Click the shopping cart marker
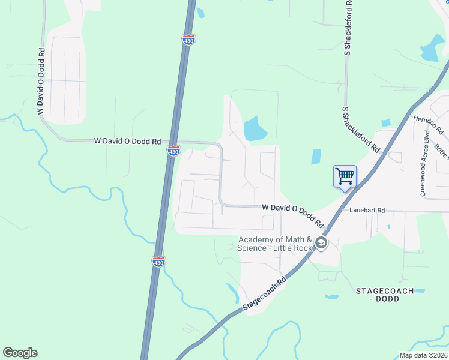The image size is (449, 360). (345, 176)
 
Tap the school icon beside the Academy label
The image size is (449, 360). (321, 243)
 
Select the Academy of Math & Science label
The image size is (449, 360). (275, 244)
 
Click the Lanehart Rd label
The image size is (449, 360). (367, 211)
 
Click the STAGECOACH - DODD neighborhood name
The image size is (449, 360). (384, 295)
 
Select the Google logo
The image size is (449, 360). (20, 353)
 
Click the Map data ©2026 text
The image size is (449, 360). (423, 355)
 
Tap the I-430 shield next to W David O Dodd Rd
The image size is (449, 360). (173, 151)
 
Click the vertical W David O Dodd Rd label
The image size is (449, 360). (41, 82)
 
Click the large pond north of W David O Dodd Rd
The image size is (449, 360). (255, 128)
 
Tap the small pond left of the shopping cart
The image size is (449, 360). (316, 157)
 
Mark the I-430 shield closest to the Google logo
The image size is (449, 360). (158, 261)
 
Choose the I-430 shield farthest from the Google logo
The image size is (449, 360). (188, 40)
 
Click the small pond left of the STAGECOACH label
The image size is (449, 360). (331, 296)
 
